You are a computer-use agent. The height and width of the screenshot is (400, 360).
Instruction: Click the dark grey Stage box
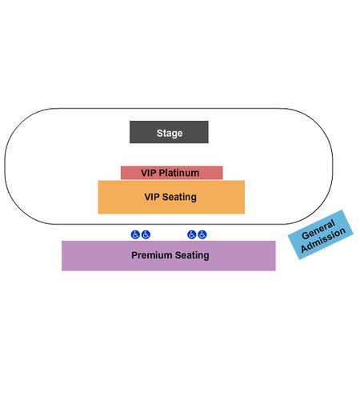(x=169, y=132)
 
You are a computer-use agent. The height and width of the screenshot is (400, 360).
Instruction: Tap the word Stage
(x=170, y=133)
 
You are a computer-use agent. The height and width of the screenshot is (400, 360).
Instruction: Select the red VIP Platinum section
(x=171, y=173)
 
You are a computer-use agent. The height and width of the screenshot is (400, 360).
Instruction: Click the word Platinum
(x=179, y=173)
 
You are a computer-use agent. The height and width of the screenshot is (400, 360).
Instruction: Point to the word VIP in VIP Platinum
(x=149, y=173)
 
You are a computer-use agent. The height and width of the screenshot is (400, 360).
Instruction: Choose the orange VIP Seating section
(x=171, y=197)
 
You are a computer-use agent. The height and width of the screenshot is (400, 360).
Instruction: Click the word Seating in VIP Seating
(x=179, y=197)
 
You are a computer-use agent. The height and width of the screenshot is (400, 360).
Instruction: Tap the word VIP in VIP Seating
(x=152, y=197)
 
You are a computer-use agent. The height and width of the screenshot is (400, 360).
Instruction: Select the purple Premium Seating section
(x=169, y=256)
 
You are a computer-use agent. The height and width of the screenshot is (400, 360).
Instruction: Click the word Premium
(x=152, y=255)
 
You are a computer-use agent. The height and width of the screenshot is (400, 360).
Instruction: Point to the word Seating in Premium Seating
(x=192, y=255)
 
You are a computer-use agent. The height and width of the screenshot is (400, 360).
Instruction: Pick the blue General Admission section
(x=321, y=234)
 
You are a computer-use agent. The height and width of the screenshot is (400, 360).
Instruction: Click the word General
(x=318, y=230)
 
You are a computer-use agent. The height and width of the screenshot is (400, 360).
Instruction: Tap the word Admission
(x=323, y=239)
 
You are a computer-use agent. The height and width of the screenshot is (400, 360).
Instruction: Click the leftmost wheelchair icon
(x=135, y=234)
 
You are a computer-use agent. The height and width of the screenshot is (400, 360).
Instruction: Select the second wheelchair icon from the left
(x=146, y=234)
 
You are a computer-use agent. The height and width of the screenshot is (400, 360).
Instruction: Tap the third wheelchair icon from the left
(x=192, y=234)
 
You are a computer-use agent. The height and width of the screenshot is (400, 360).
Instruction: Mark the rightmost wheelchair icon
(x=202, y=234)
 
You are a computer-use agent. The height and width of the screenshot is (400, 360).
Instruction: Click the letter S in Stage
(x=159, y=133)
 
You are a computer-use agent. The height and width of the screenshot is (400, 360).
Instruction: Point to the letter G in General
(x=306, y=235)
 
